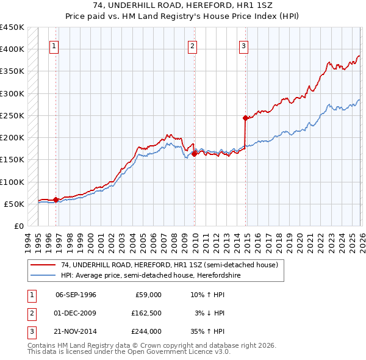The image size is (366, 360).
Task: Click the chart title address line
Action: click(183, 5)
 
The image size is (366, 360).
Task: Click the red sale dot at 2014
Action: click(245, 118)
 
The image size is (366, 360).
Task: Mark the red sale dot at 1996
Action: click(56, 200)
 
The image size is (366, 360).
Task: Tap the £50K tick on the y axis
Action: click(15, 204)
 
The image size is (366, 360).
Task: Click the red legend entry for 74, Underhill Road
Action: click(169, 265)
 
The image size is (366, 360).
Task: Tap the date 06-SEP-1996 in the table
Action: click(76, 295)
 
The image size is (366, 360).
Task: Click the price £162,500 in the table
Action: click(146, 313)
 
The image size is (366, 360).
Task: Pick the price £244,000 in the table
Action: click(146, 331)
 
